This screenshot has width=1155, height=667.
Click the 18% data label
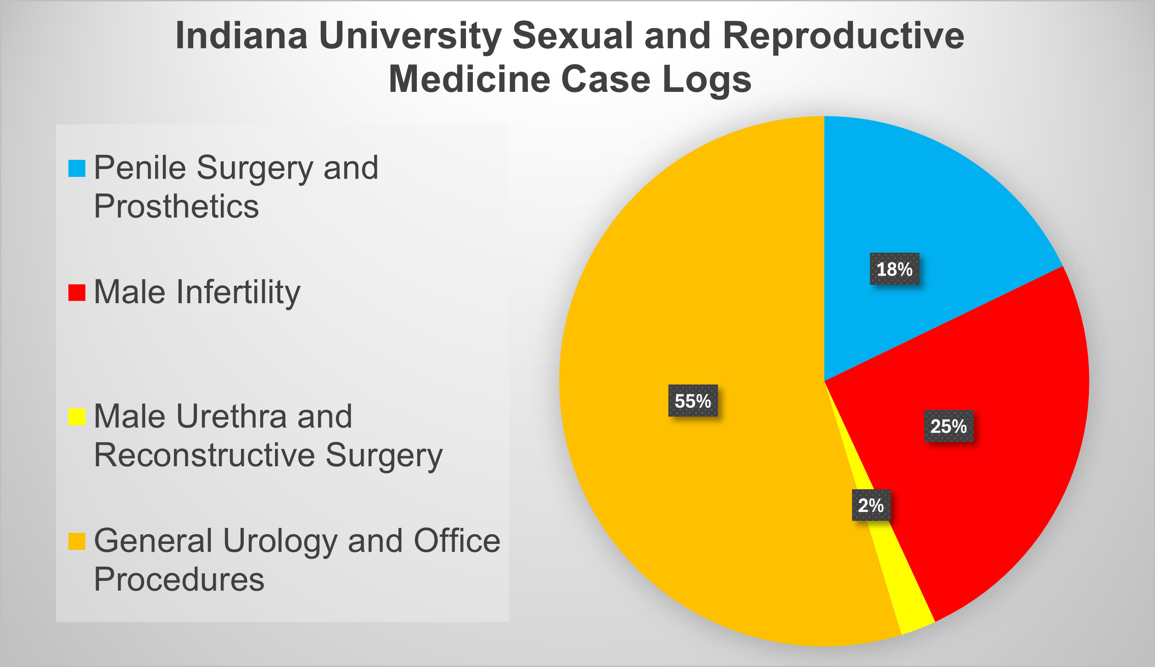pos(894,269)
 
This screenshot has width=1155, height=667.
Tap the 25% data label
pos(948,426)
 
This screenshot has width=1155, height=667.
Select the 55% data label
pos(693,401)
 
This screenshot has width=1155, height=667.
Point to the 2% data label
pos(871,505)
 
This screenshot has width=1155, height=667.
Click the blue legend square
pos(77,168)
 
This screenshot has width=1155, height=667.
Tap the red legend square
pos(77,293)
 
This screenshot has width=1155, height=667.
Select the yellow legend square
pos(77,417)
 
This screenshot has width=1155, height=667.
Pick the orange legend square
pos(77,541)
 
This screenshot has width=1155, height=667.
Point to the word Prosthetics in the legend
pos(176,207)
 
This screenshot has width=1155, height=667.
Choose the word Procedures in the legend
pos(179,580)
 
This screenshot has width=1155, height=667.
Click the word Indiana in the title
pos(241,36)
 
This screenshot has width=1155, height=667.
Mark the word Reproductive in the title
pos(843,36)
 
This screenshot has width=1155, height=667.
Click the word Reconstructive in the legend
pos(204,456)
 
